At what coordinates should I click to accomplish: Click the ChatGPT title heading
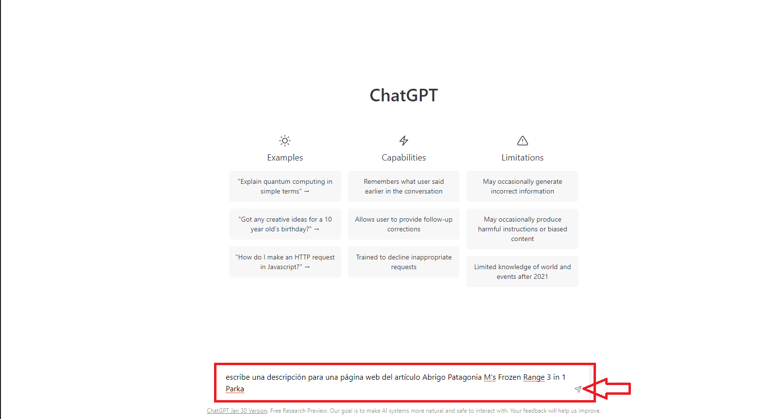403,95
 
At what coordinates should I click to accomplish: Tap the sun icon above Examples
285,140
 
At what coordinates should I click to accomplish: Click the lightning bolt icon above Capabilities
403,140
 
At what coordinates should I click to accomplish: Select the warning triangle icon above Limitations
523,140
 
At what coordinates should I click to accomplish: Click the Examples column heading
285,158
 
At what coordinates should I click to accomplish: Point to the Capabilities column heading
403,158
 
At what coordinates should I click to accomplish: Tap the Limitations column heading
523,158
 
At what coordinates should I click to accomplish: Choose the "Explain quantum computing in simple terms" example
285,186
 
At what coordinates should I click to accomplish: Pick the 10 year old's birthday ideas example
285,224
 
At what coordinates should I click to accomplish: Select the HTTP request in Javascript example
285,262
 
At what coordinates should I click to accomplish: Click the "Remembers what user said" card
404,186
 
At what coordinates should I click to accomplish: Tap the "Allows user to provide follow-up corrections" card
404,224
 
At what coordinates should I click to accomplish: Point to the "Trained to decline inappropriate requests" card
404,262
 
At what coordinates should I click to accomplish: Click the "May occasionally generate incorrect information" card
523,186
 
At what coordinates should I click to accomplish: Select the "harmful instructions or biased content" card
523,229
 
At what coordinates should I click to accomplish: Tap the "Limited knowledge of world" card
523,272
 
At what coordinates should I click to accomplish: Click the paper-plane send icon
578,389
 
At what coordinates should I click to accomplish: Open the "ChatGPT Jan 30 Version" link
237,411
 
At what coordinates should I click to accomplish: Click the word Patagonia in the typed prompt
464,377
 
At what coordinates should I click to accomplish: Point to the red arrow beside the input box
607,388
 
